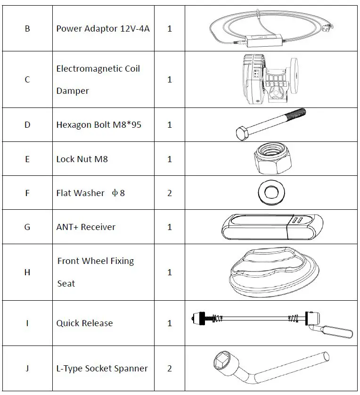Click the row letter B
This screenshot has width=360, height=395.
[27, 28]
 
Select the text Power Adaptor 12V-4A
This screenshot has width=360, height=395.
[103, 28]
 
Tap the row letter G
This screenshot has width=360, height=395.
[27, 227]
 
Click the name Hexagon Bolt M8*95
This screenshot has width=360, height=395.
[98, 125]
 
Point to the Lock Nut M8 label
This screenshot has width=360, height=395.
[82, 159]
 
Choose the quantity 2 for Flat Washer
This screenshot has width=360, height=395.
[169, 193]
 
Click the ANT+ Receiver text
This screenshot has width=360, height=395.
[86, 227]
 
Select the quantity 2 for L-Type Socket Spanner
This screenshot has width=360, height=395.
[169, 369]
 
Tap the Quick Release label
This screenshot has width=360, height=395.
[84, 323]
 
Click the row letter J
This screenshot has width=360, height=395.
[27, 369]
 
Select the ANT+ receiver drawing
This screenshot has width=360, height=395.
[272, 227]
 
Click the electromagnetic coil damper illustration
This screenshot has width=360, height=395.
[269, 79]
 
